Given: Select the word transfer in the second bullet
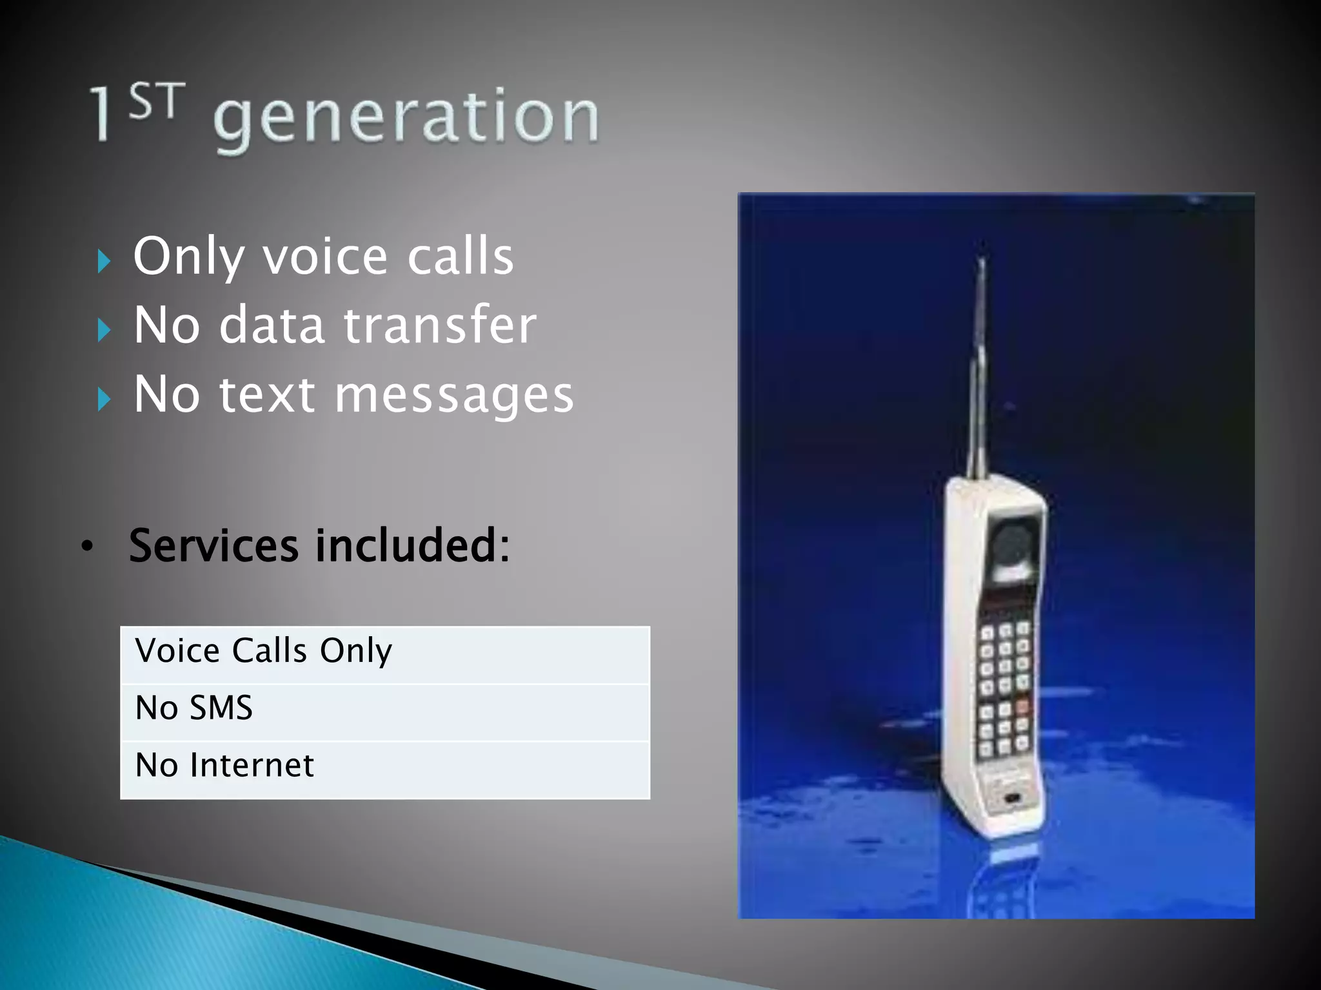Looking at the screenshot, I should coord(440,325).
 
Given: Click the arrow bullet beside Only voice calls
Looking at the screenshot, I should coord(104,261).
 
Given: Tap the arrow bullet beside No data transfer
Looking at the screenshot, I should coord(104,330).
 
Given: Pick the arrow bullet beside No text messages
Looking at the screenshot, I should coord(104,399).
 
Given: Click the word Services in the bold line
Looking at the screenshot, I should coord(214,546).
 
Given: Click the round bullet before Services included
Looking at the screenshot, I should coord(87,547).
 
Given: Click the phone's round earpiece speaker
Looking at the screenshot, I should coord(1011,541).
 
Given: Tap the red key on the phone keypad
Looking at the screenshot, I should coord(1022,707).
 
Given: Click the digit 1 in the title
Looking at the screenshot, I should coord(101,115).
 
